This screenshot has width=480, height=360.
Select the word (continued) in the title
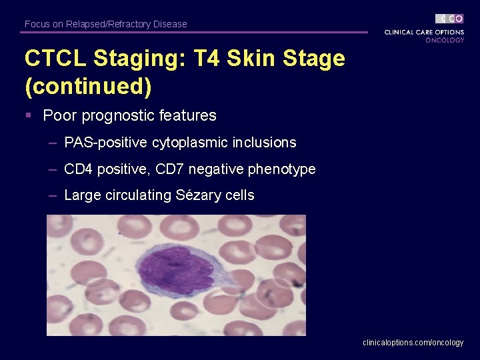tap(88, 87)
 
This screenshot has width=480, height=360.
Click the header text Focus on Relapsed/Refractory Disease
tap(105, 24)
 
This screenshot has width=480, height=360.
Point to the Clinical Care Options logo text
tap(424, 32)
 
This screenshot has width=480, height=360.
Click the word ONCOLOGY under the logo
tap(445, 40)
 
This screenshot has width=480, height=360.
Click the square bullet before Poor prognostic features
tap(29, 115)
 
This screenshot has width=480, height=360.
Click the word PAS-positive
tap(105, 143)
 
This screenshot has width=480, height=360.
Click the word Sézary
tap(199, 195)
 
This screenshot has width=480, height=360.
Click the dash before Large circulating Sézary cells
tap(52, 195)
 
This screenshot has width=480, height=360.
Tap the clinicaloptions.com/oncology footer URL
tap(413, 343)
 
